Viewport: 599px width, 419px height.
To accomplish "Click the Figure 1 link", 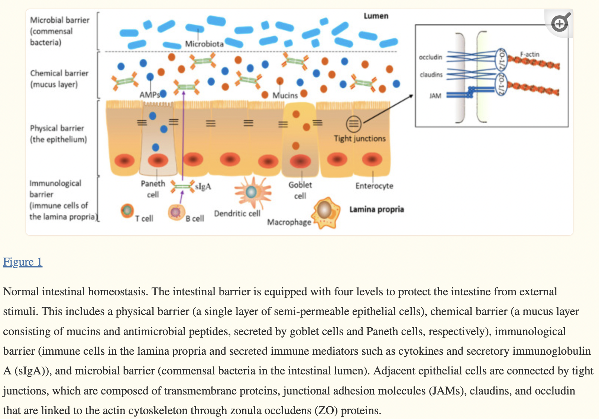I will (x=23, y=262).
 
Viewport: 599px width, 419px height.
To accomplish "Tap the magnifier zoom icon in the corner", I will (x=560, y=23).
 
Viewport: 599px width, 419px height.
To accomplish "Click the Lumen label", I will (x=376, y=16).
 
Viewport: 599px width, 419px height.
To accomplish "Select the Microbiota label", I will (x=204, y=44).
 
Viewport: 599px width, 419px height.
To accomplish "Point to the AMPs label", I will (x=149, y=95).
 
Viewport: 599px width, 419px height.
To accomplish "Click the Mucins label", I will (x=285, y=95).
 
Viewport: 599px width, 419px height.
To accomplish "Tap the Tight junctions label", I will (x=359, y=139).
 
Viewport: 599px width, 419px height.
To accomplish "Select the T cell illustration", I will (x=127, y=211).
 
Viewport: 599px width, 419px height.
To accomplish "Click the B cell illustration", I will (x=176, y=212).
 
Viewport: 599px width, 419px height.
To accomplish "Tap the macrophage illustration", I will (x=326, y=212).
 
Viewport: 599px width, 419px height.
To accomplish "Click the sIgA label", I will (x=203, y=186).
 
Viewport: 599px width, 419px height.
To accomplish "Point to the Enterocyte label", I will (x=374, y=186).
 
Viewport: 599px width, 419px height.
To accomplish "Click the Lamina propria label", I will (x=376, y=209).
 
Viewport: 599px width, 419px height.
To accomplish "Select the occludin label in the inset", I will (x=430, y=57).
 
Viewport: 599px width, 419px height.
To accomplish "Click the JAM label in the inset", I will (x=435, y=96).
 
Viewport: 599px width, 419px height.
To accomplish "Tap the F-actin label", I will (x=530, y=54).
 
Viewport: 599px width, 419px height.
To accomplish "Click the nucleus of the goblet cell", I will (x=300, y=162).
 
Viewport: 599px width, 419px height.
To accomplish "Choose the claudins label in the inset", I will (x=431, y=75).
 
